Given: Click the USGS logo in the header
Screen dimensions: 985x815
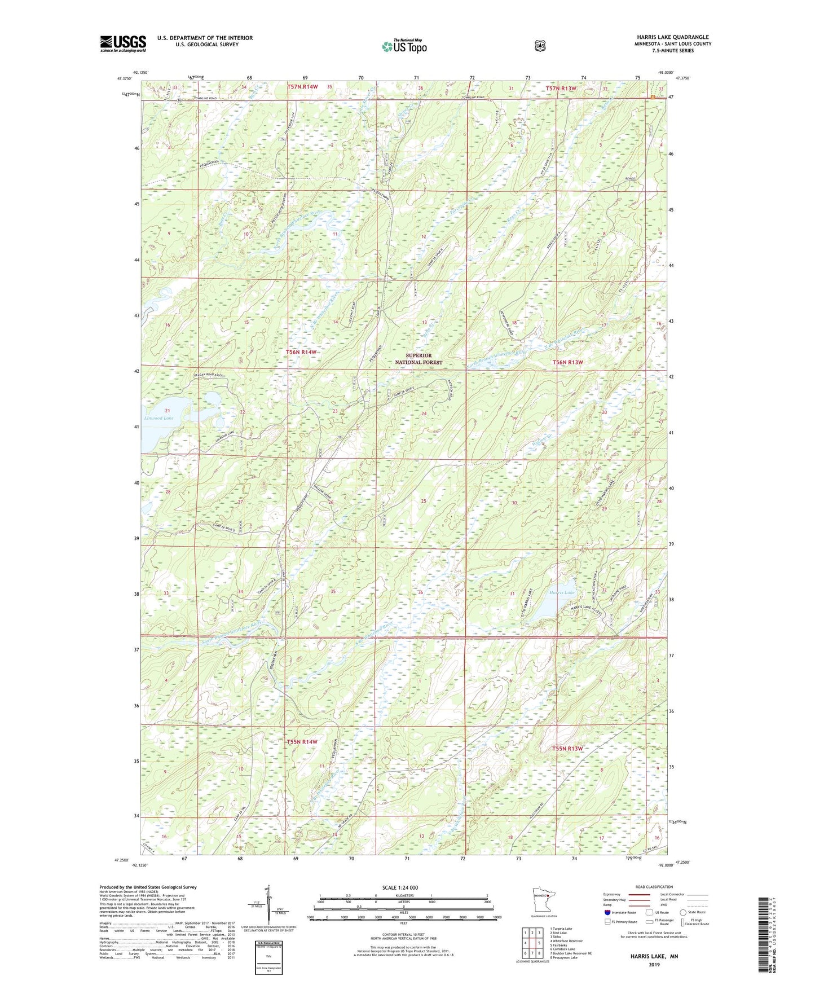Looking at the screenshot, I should tap(123, 43).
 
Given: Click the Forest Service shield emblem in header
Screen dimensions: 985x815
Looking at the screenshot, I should tap(540, 46).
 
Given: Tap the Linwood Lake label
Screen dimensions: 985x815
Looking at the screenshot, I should tap(158, 418).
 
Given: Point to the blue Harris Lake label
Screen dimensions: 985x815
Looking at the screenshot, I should tap(562, 593).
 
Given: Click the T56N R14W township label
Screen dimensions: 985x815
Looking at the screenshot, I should tap(302, 352).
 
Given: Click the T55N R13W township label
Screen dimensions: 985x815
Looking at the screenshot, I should tap(566, 749).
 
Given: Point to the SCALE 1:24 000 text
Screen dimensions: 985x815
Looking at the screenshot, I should tap(400, 887).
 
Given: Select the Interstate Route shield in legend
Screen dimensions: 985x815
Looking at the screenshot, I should tap(607, 912).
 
